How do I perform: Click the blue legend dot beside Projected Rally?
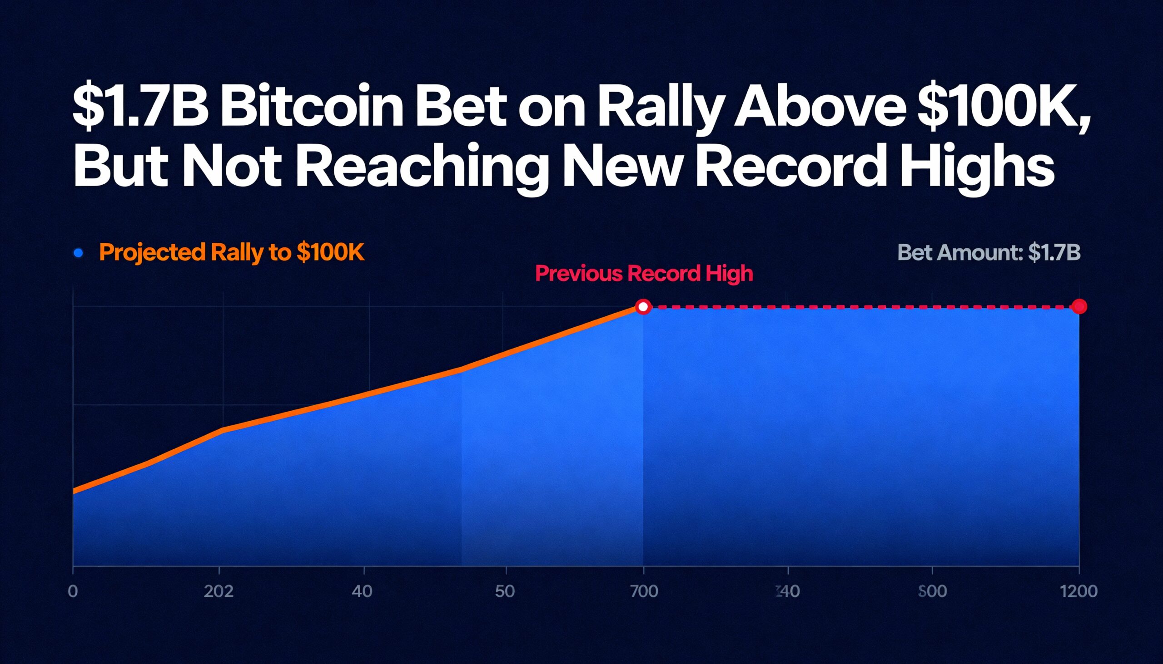tap(79, 253)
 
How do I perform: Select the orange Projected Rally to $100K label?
tap(231, 252)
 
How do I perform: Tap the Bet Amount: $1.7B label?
tap(989, 252)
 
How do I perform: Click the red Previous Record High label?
tap(644, 274)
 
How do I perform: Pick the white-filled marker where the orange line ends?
tap(643, 307)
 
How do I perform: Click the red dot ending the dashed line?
tap(1079, 306)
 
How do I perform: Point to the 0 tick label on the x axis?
tap(73, 591)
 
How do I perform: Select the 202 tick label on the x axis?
tap(219, 591)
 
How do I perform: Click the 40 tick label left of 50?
tap(362, 591)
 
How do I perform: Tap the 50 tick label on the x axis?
tap(505, 591)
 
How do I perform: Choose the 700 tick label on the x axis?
tap(644, 591)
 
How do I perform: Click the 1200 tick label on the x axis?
tap(1079, 591)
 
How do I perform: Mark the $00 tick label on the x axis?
tap(932, 591)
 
